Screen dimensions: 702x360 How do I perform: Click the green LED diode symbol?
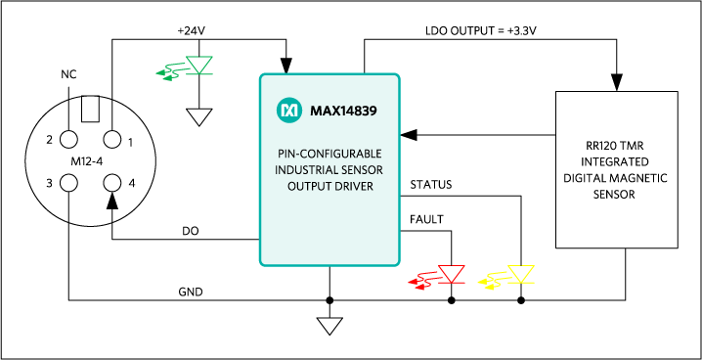click(199, 66)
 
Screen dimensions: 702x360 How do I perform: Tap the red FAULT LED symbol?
click(452, 274)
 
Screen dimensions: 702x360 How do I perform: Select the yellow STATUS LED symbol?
click(521, 274)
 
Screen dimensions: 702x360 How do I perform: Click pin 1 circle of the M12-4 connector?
click(111, 139)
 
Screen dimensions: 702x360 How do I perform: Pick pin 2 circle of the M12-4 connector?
click(68, 139)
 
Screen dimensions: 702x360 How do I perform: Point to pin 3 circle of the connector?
click(68, 183)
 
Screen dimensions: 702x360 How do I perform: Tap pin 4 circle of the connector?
click(111, 183)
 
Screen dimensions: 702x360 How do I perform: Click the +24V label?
click(191, 31)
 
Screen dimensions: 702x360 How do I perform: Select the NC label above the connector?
click(68, 74)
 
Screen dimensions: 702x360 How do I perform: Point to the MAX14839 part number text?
click(343, 111)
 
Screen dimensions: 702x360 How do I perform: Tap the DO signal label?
click(191, 231)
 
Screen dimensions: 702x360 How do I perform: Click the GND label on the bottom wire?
click(191, 292)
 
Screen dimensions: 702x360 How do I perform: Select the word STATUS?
click(431, 185)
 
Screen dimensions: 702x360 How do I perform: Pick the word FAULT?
click(426, 219)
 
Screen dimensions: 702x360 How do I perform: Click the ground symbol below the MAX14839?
click(329, 326)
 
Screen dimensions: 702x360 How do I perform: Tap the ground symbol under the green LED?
click(199, 117)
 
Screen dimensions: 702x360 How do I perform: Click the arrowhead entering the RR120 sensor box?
click(617, 83)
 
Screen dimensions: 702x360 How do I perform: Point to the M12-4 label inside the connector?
click(90, 161)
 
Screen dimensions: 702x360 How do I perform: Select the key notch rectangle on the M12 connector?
click(90, 109)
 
